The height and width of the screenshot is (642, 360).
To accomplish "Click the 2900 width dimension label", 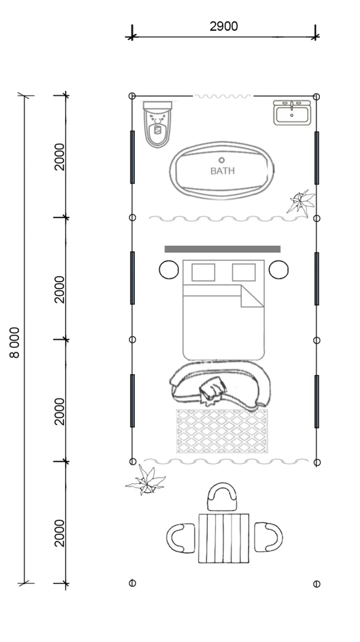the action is click(224, 26).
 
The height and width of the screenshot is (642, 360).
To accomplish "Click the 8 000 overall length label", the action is click(14, 342).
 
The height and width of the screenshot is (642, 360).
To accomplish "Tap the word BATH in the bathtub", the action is click(223, 171).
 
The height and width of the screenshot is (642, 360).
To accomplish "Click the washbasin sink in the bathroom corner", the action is click(292, 112).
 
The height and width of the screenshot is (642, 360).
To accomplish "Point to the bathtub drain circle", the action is click(221, 160).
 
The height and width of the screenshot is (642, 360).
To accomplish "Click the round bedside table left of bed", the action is click(169, 270).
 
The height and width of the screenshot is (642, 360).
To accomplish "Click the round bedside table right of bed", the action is click(278, 270).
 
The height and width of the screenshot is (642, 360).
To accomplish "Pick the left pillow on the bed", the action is click(203, 272).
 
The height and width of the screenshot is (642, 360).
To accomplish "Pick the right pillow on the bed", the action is click(244, 272).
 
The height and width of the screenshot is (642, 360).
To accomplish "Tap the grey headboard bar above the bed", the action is click(223, 249).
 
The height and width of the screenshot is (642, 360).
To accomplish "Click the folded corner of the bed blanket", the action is click(252, 296).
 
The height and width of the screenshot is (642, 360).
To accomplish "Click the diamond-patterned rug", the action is click(222, 431).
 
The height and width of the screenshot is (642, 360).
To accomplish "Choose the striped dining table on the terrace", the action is click(224, 538).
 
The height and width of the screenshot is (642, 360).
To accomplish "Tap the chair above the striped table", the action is click(223, 497).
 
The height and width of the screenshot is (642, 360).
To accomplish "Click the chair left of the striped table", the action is click(181, 538).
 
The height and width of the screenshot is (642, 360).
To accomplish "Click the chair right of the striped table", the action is click(268, 537).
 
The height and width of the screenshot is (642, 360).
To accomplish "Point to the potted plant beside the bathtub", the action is click(302, 203).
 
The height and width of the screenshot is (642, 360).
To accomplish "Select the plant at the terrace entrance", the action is click(146, 480).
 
